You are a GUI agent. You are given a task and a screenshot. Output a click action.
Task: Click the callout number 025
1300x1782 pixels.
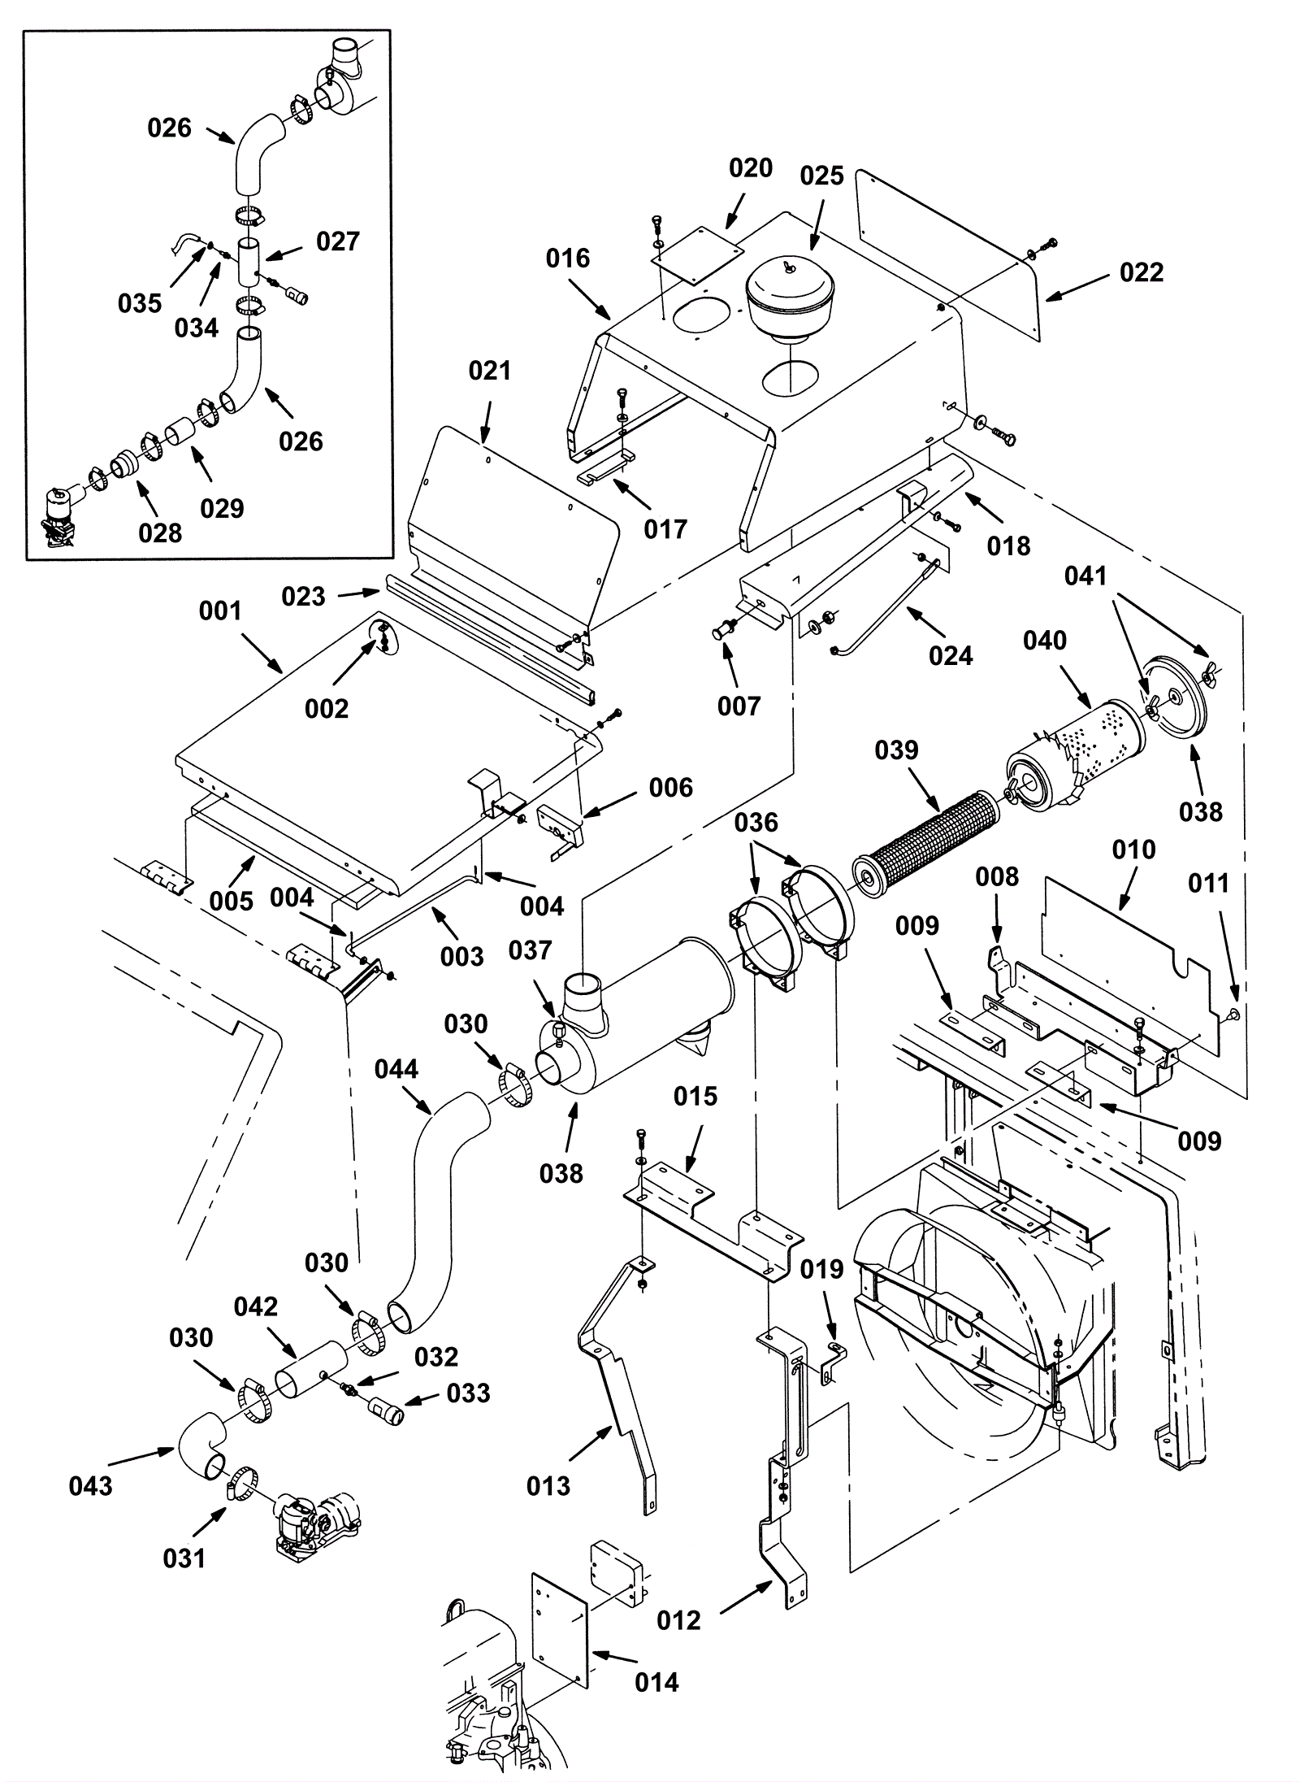(x=821, y=176)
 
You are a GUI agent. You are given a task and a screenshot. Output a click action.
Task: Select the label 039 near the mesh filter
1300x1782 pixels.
(x=896, y=750)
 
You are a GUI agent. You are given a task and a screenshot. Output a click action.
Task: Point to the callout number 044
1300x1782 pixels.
(x=396, y=1069)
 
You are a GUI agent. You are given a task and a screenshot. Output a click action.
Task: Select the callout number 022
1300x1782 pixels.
(x=1141, y=272)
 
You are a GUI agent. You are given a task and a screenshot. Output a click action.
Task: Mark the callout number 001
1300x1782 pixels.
(x=220, y=611)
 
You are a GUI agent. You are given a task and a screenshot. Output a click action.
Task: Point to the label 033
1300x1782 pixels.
(x=468, y=1393)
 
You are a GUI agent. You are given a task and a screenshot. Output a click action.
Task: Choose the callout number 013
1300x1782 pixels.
(x=548, y=1486)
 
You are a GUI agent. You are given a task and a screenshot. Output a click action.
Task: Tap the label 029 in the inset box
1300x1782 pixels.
(x=222, y=508)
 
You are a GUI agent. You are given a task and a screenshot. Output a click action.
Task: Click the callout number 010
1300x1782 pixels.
(x=1133, y=850)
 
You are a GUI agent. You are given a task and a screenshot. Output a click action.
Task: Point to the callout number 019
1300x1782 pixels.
(x=821, y=1269)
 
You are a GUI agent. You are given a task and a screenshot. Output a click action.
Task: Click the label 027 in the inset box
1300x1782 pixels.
(x=337, y=241)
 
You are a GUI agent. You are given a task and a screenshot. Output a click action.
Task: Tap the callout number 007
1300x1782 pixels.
(x=739, y=706)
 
